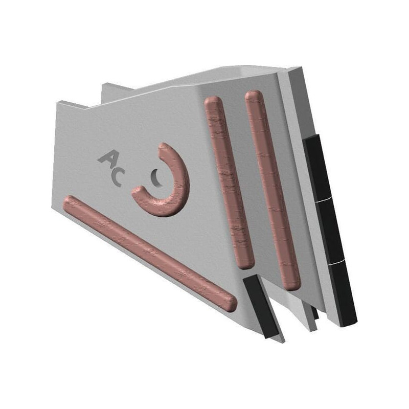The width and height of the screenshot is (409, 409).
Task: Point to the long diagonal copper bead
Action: coord(149,253)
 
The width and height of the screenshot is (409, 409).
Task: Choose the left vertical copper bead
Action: coord(229,182)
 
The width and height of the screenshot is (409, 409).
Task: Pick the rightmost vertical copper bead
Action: coord(273,190)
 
